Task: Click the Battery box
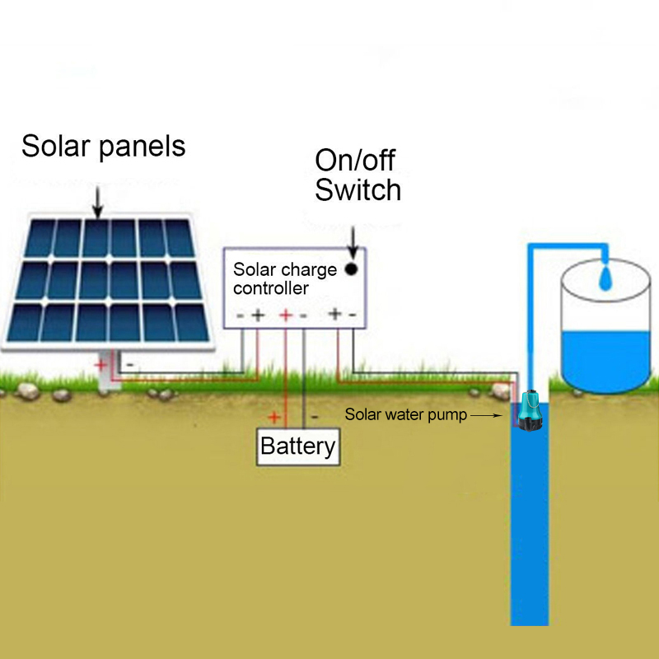pos(297,446)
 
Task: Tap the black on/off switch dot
pos(352,269)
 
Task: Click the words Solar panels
pos(103,146)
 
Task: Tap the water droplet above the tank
pos(606,278)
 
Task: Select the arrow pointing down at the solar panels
pos(97,203)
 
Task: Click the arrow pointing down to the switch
pos(353,241)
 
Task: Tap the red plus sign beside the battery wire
pos(274,417)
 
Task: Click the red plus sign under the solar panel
pos(100,363)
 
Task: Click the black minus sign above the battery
pos(314,417)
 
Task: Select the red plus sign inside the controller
pos(286,315)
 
